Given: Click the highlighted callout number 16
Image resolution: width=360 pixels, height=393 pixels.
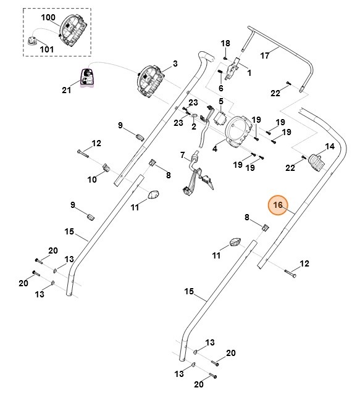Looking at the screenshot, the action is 278,205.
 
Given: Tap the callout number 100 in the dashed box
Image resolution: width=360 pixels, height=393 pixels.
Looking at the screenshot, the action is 48,17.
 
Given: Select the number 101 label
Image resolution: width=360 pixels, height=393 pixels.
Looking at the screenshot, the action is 47,49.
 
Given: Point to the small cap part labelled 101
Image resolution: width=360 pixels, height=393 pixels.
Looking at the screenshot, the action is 31,41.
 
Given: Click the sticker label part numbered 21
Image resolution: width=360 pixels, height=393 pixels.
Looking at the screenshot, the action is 87,78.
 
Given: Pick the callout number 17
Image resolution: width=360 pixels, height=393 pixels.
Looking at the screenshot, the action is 265,55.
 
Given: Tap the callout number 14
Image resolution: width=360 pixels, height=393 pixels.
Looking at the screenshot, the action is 330,146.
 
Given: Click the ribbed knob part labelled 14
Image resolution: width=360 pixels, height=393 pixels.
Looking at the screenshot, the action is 316,162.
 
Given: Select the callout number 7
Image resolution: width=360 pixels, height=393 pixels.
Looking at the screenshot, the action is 182,155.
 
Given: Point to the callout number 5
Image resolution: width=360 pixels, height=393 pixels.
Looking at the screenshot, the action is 221,101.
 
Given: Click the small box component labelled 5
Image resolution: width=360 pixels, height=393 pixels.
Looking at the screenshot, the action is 220,117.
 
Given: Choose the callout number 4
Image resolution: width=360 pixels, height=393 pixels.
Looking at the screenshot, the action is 215,149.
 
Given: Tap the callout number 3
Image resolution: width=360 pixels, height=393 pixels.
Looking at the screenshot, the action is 175,64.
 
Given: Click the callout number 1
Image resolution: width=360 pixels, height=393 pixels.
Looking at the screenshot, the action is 249,73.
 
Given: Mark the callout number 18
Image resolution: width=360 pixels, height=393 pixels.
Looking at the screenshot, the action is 225,43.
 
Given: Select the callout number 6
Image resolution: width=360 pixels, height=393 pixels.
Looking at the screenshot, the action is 221,88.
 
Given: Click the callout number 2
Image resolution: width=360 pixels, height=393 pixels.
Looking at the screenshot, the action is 194,126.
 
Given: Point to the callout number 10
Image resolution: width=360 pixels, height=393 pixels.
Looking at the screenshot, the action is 92,180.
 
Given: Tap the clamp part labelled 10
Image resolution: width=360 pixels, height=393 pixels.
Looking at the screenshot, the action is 106,167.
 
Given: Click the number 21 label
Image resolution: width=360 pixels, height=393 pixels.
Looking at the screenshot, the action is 67,90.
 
